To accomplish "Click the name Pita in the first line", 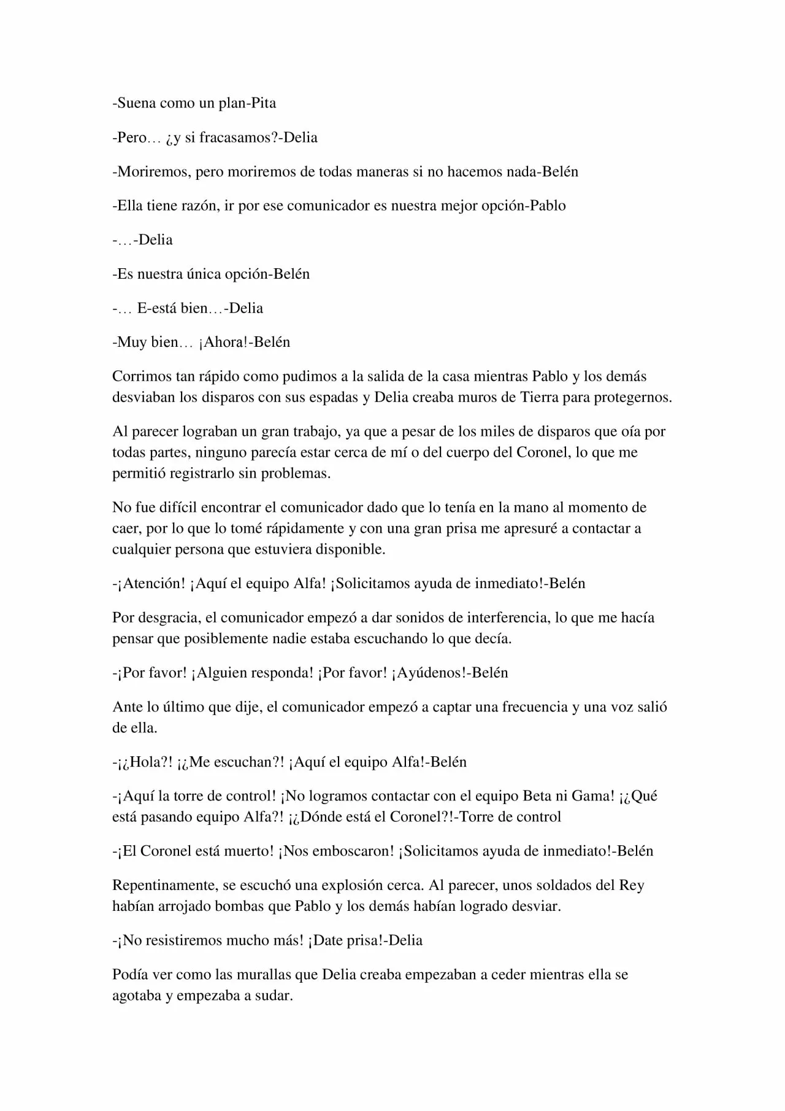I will (x=262, y=103).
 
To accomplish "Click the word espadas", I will (x=337, y=397).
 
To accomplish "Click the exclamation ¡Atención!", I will (x=151, y=583).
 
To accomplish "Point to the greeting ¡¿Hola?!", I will (x=145, y=762).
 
